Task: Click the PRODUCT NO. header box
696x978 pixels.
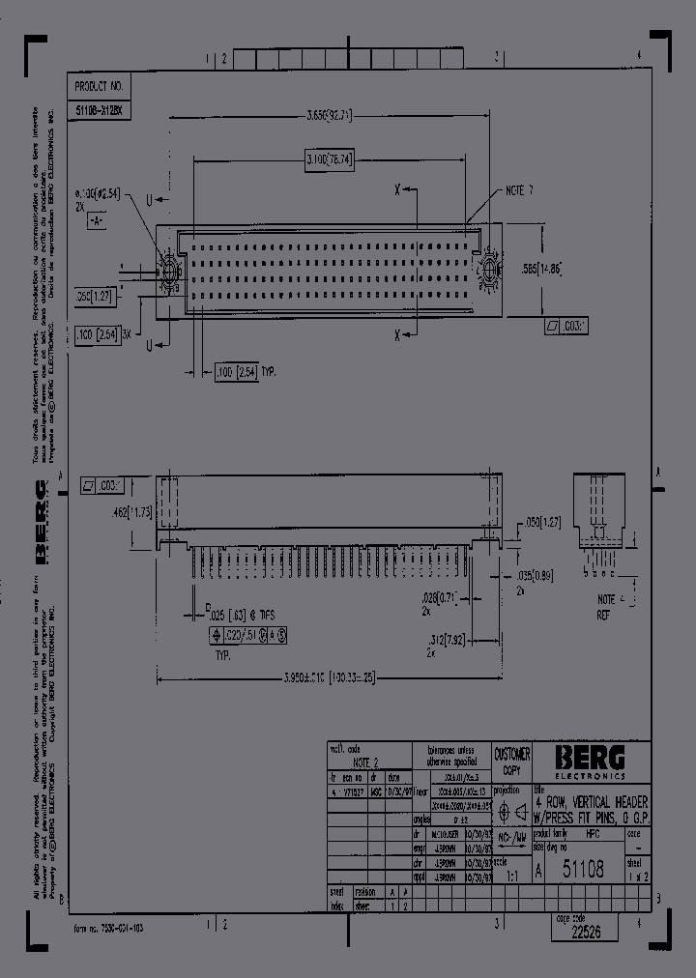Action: (98, 87)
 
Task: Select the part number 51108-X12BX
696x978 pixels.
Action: (98, 111)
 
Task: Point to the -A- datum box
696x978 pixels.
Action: (95, 221)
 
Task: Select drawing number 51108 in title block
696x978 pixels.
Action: (585, 870)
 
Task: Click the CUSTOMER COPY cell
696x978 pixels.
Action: (511, 762)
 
